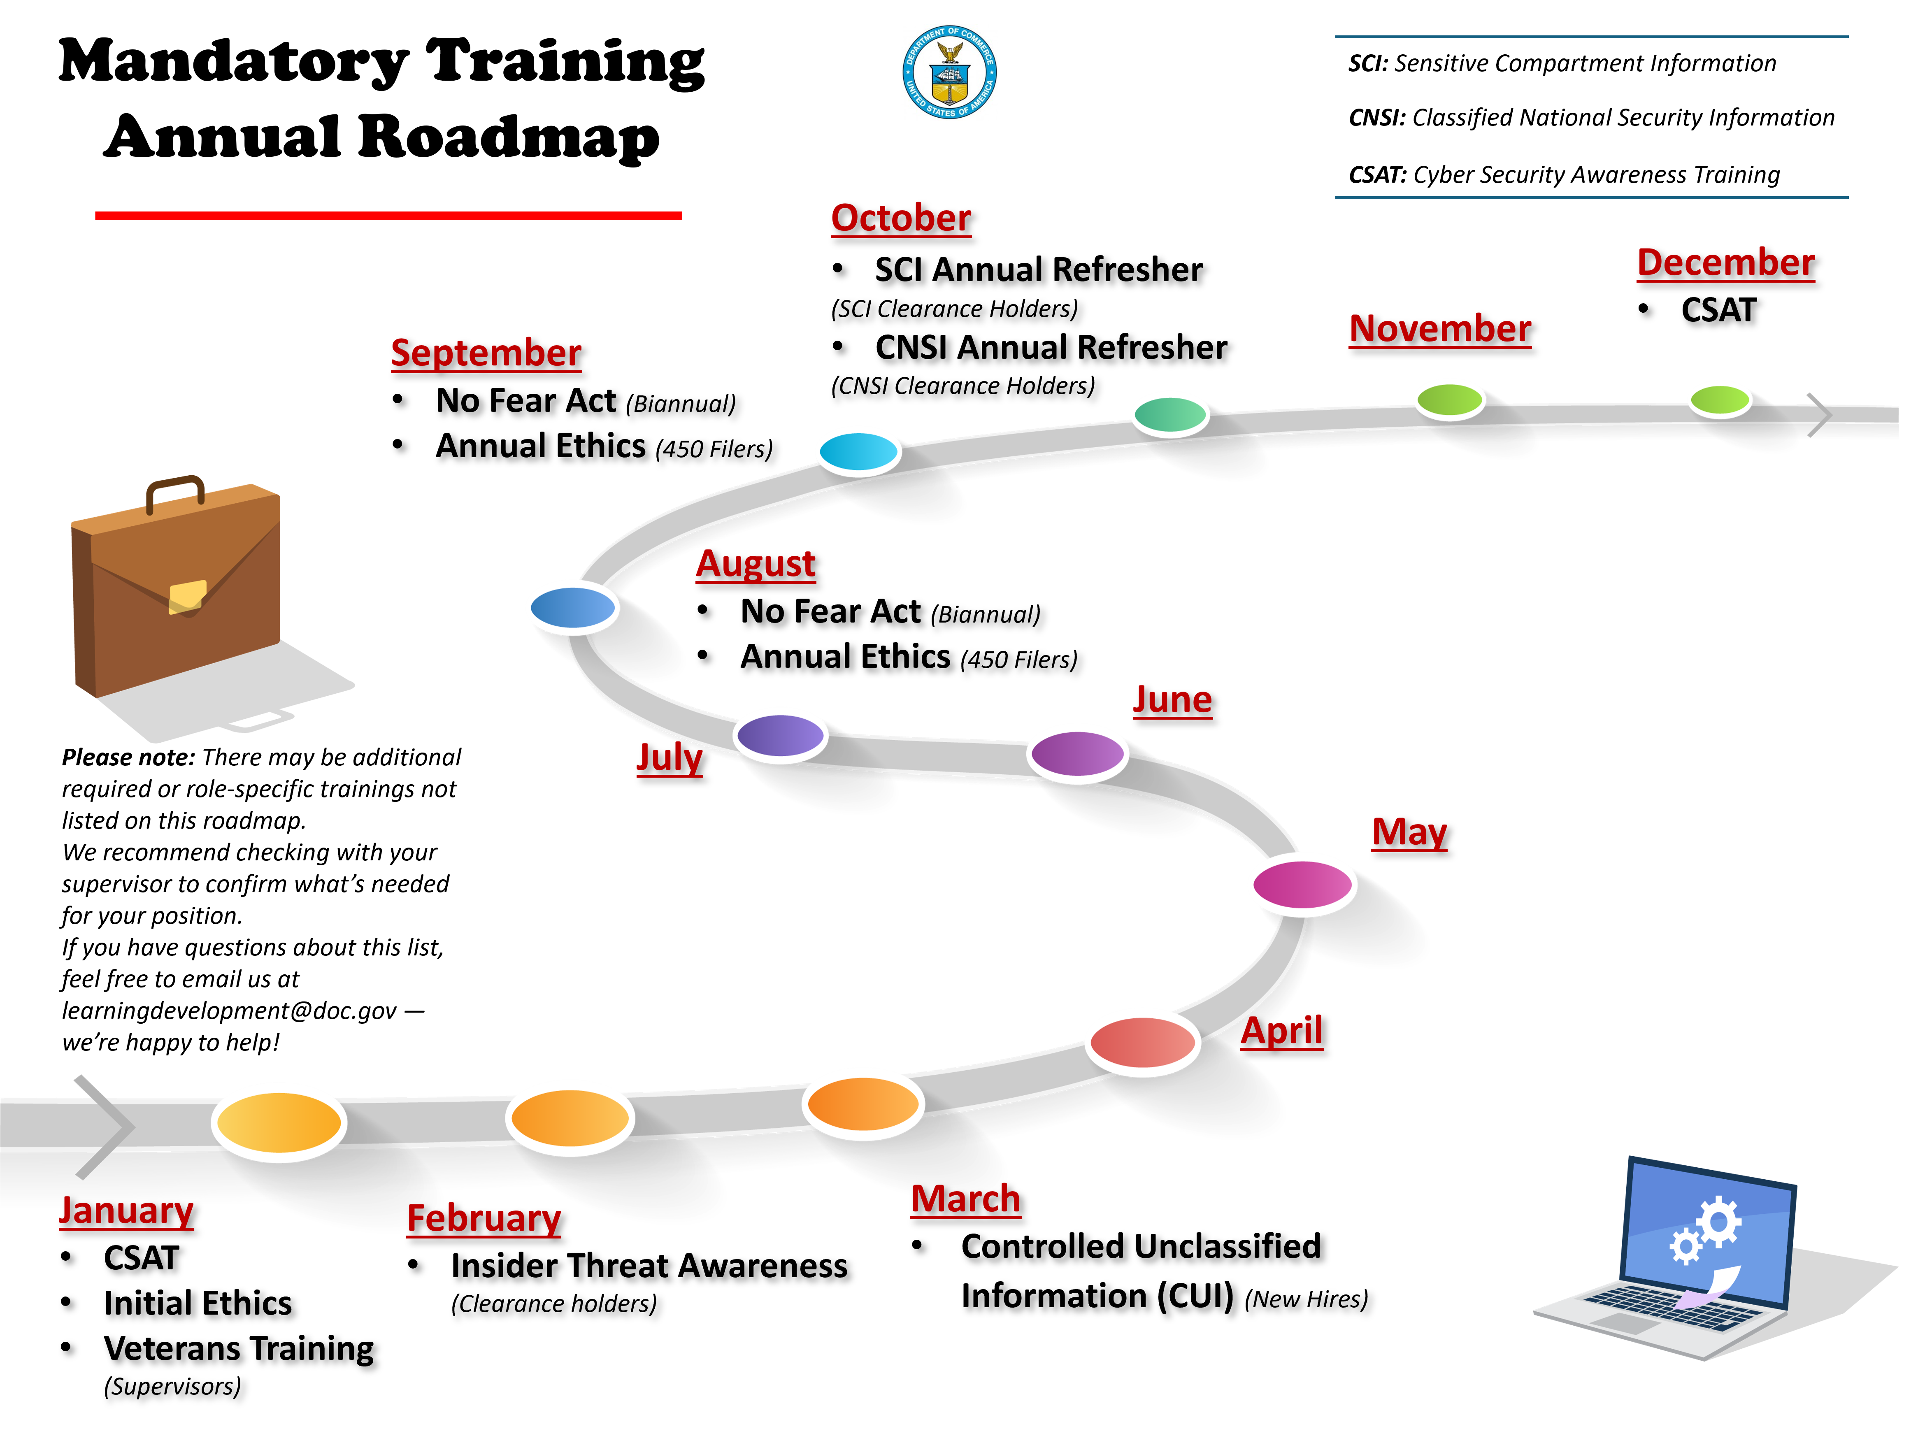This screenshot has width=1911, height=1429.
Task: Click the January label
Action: [126, 1211]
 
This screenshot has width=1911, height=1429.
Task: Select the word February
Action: [484, 1218]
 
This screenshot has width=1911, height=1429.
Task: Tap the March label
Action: [966, 1199]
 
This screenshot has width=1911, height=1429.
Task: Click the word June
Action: [1172, 699]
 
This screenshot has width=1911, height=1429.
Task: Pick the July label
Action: [670, 757]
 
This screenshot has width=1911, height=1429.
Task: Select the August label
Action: [756, 563]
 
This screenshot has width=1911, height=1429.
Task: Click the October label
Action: [901, 218]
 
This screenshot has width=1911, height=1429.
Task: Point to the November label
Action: [1440, 328]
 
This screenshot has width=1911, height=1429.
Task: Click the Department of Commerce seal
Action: [949, 72]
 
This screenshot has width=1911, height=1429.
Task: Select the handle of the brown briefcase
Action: [175, 491]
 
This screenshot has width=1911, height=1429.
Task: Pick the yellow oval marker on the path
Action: [278, 1121]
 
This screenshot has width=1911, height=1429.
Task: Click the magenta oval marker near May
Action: [1302, 884]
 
